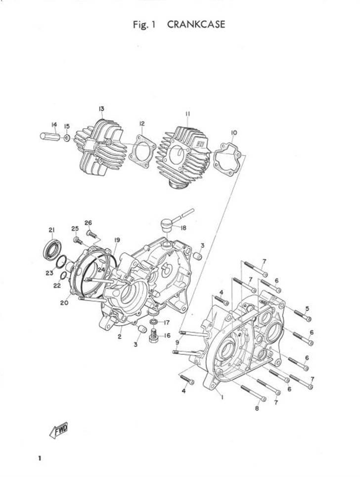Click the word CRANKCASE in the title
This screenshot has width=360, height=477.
click(196, 24)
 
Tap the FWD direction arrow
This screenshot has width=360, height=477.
click(59, 430)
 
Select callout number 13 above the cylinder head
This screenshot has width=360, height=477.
click(101, 108)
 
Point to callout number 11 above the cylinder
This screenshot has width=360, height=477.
click(187, 114)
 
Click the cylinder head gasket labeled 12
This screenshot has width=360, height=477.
click(142, 151)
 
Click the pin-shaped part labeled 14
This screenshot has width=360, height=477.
click(50, 136)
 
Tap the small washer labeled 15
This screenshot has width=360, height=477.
click(67, 138)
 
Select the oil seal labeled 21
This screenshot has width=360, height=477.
click(52, 250)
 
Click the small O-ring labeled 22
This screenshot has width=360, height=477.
click(64, 276)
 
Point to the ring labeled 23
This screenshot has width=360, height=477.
click(62, 261)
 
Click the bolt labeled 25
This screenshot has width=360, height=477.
click(78, 240)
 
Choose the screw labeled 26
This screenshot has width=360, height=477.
click(91, 234)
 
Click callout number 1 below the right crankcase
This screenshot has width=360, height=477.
click(222, 397)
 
